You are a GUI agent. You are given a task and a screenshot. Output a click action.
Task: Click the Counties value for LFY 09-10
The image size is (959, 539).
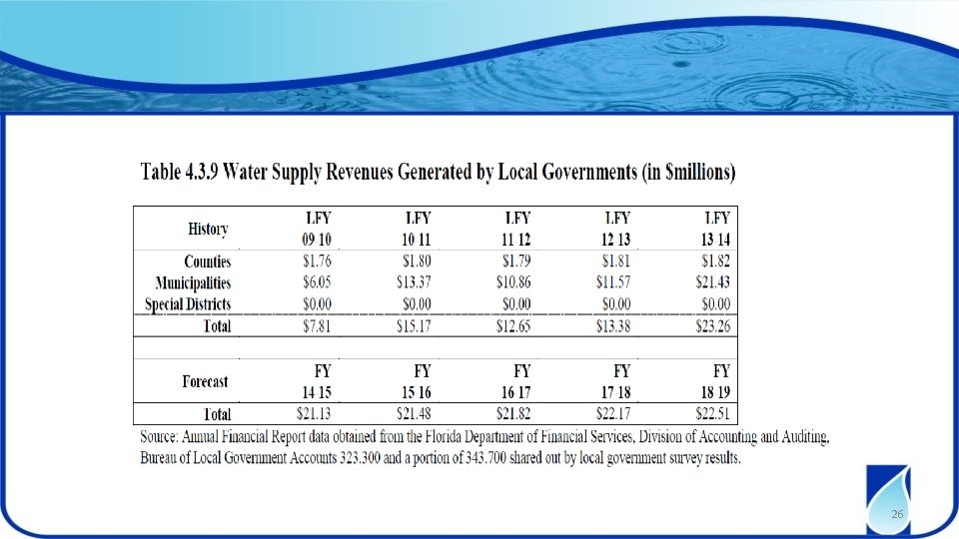click(317, 261)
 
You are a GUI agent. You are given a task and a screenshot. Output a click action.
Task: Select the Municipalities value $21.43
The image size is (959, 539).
click(712, 282)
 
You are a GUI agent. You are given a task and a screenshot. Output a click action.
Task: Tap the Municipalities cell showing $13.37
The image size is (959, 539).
click(414, 282)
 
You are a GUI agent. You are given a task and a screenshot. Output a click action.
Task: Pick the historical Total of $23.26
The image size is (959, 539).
click(712, 325)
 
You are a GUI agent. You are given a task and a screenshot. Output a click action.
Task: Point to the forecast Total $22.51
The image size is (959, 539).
click(712, 413)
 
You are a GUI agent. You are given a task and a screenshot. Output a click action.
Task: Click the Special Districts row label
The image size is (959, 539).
click(188, 304)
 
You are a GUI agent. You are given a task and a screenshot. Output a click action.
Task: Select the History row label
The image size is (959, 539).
click(208, 230)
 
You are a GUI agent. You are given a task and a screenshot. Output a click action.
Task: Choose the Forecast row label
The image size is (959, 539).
click(205, 382)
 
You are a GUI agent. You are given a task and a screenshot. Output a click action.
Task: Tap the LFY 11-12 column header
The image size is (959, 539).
click(516, 229)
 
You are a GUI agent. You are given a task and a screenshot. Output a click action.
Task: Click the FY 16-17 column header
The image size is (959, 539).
click(516, 381)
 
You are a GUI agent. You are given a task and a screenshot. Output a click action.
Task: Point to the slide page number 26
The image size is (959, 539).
click(897, 514)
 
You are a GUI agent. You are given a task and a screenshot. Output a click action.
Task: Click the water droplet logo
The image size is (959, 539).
click(888, 499)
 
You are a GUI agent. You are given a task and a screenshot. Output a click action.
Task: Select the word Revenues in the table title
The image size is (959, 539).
click(359, 173)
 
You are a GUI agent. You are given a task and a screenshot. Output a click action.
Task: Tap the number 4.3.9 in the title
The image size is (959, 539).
click(200, 173)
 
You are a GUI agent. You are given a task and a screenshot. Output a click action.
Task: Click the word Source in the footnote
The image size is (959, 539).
click(159, 437)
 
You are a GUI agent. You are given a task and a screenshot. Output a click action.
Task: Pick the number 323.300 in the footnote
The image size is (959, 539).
click(360, 458)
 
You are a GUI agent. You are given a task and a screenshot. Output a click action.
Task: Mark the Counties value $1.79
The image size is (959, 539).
click(516, 261)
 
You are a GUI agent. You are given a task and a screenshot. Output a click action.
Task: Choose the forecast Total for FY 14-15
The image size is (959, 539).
click(314, 413)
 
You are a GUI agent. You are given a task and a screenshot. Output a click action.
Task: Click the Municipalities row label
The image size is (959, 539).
click(193, 282)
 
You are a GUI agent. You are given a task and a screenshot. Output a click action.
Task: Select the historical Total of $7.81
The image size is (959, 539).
click(317, 325)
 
